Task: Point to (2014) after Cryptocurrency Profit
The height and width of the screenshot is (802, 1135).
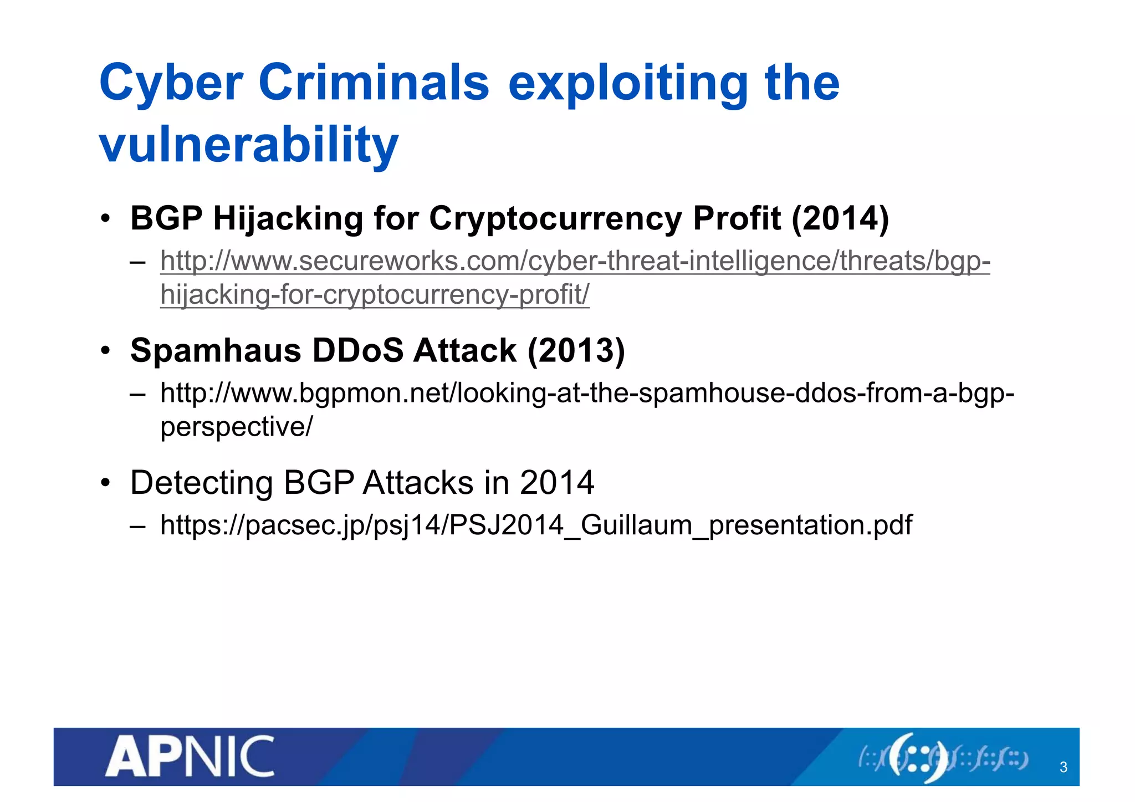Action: point(840,218)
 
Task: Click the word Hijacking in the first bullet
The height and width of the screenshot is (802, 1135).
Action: point(288,218)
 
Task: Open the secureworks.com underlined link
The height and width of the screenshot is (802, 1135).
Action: point(575,261)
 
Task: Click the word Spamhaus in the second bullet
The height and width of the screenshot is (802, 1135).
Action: point(216,351)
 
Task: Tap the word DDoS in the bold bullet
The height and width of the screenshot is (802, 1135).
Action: point(358,351)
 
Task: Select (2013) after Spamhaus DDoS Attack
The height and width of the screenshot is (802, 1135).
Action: point(576,351)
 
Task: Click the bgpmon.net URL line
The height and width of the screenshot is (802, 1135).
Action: point(587,394)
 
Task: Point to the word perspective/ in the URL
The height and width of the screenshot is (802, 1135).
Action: point(237,427)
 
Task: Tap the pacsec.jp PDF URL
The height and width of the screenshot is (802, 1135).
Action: point(536,525)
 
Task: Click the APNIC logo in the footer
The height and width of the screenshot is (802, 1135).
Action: point(190,757)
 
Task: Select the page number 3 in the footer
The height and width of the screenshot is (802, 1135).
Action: point(1063,767)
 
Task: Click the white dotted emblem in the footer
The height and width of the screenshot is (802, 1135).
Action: point(918,758)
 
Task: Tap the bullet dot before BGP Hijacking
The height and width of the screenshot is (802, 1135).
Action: point(105,218)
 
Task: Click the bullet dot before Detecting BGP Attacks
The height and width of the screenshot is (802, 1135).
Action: point(105,483)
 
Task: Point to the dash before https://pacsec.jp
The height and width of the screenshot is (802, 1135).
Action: point(137,525)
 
